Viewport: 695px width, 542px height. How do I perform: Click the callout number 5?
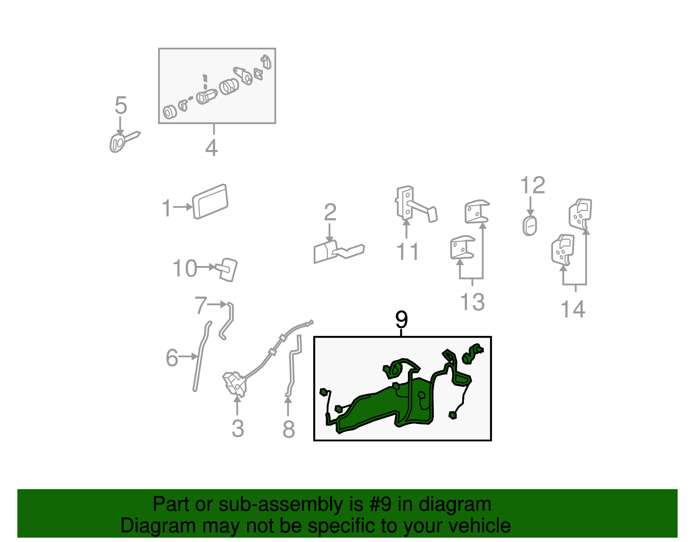[121, 105]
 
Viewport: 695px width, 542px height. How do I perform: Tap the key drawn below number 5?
[123, 141]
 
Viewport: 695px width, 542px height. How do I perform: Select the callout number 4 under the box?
[212, 148]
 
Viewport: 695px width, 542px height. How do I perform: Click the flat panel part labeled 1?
[210, 201]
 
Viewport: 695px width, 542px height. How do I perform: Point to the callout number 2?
[330, 212]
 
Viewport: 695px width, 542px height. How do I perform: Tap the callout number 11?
[407, 251]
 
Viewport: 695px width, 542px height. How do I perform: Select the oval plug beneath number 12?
[530, 226]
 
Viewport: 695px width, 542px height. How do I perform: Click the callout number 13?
[473, 302]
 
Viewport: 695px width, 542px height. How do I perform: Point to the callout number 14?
[573, 309]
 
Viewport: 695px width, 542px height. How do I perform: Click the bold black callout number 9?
[401, 319]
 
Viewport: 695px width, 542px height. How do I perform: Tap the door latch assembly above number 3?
[235, 384]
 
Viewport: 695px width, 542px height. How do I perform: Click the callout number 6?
[172, 358]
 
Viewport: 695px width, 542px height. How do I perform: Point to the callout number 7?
[201, 305]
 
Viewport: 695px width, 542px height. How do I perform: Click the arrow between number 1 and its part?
[183, 207]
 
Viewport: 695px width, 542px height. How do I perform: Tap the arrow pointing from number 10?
[207, 267]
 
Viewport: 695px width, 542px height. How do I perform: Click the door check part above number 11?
[416, 204]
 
